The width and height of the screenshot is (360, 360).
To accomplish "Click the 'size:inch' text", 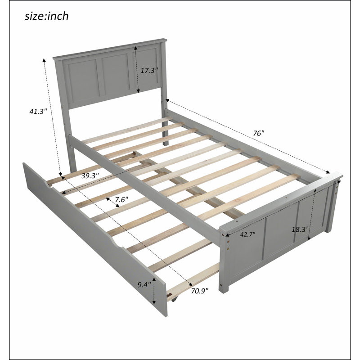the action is (x=47, y=16).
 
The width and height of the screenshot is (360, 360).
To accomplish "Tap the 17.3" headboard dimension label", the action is (x=149, y=70).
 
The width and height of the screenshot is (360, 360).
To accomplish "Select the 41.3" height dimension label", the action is (x=38, y=112).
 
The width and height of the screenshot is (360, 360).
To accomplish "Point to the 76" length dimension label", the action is (x=259, y=133).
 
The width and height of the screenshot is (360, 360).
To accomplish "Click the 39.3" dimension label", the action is (x=90, y=175).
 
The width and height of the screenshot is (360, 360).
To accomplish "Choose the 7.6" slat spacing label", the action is (x=121, y=199).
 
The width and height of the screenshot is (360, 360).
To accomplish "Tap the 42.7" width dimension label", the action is (x=248, y=234).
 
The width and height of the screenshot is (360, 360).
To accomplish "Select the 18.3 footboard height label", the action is (x=300, y=229).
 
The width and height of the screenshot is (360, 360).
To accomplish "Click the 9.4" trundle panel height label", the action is (x=144, y=285).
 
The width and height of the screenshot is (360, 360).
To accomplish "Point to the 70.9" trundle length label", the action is (x=200, y=291).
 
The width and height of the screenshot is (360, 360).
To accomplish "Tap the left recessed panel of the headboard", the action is (x=84, y=81).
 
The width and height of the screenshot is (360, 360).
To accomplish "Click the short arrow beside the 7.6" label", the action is (x=112, y=202).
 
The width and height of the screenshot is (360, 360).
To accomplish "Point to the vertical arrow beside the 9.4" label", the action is (x=154, y=291).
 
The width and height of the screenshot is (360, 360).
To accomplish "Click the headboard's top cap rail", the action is (x=110, y=49).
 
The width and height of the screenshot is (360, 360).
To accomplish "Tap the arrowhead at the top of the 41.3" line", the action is (x=44, y=60).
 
